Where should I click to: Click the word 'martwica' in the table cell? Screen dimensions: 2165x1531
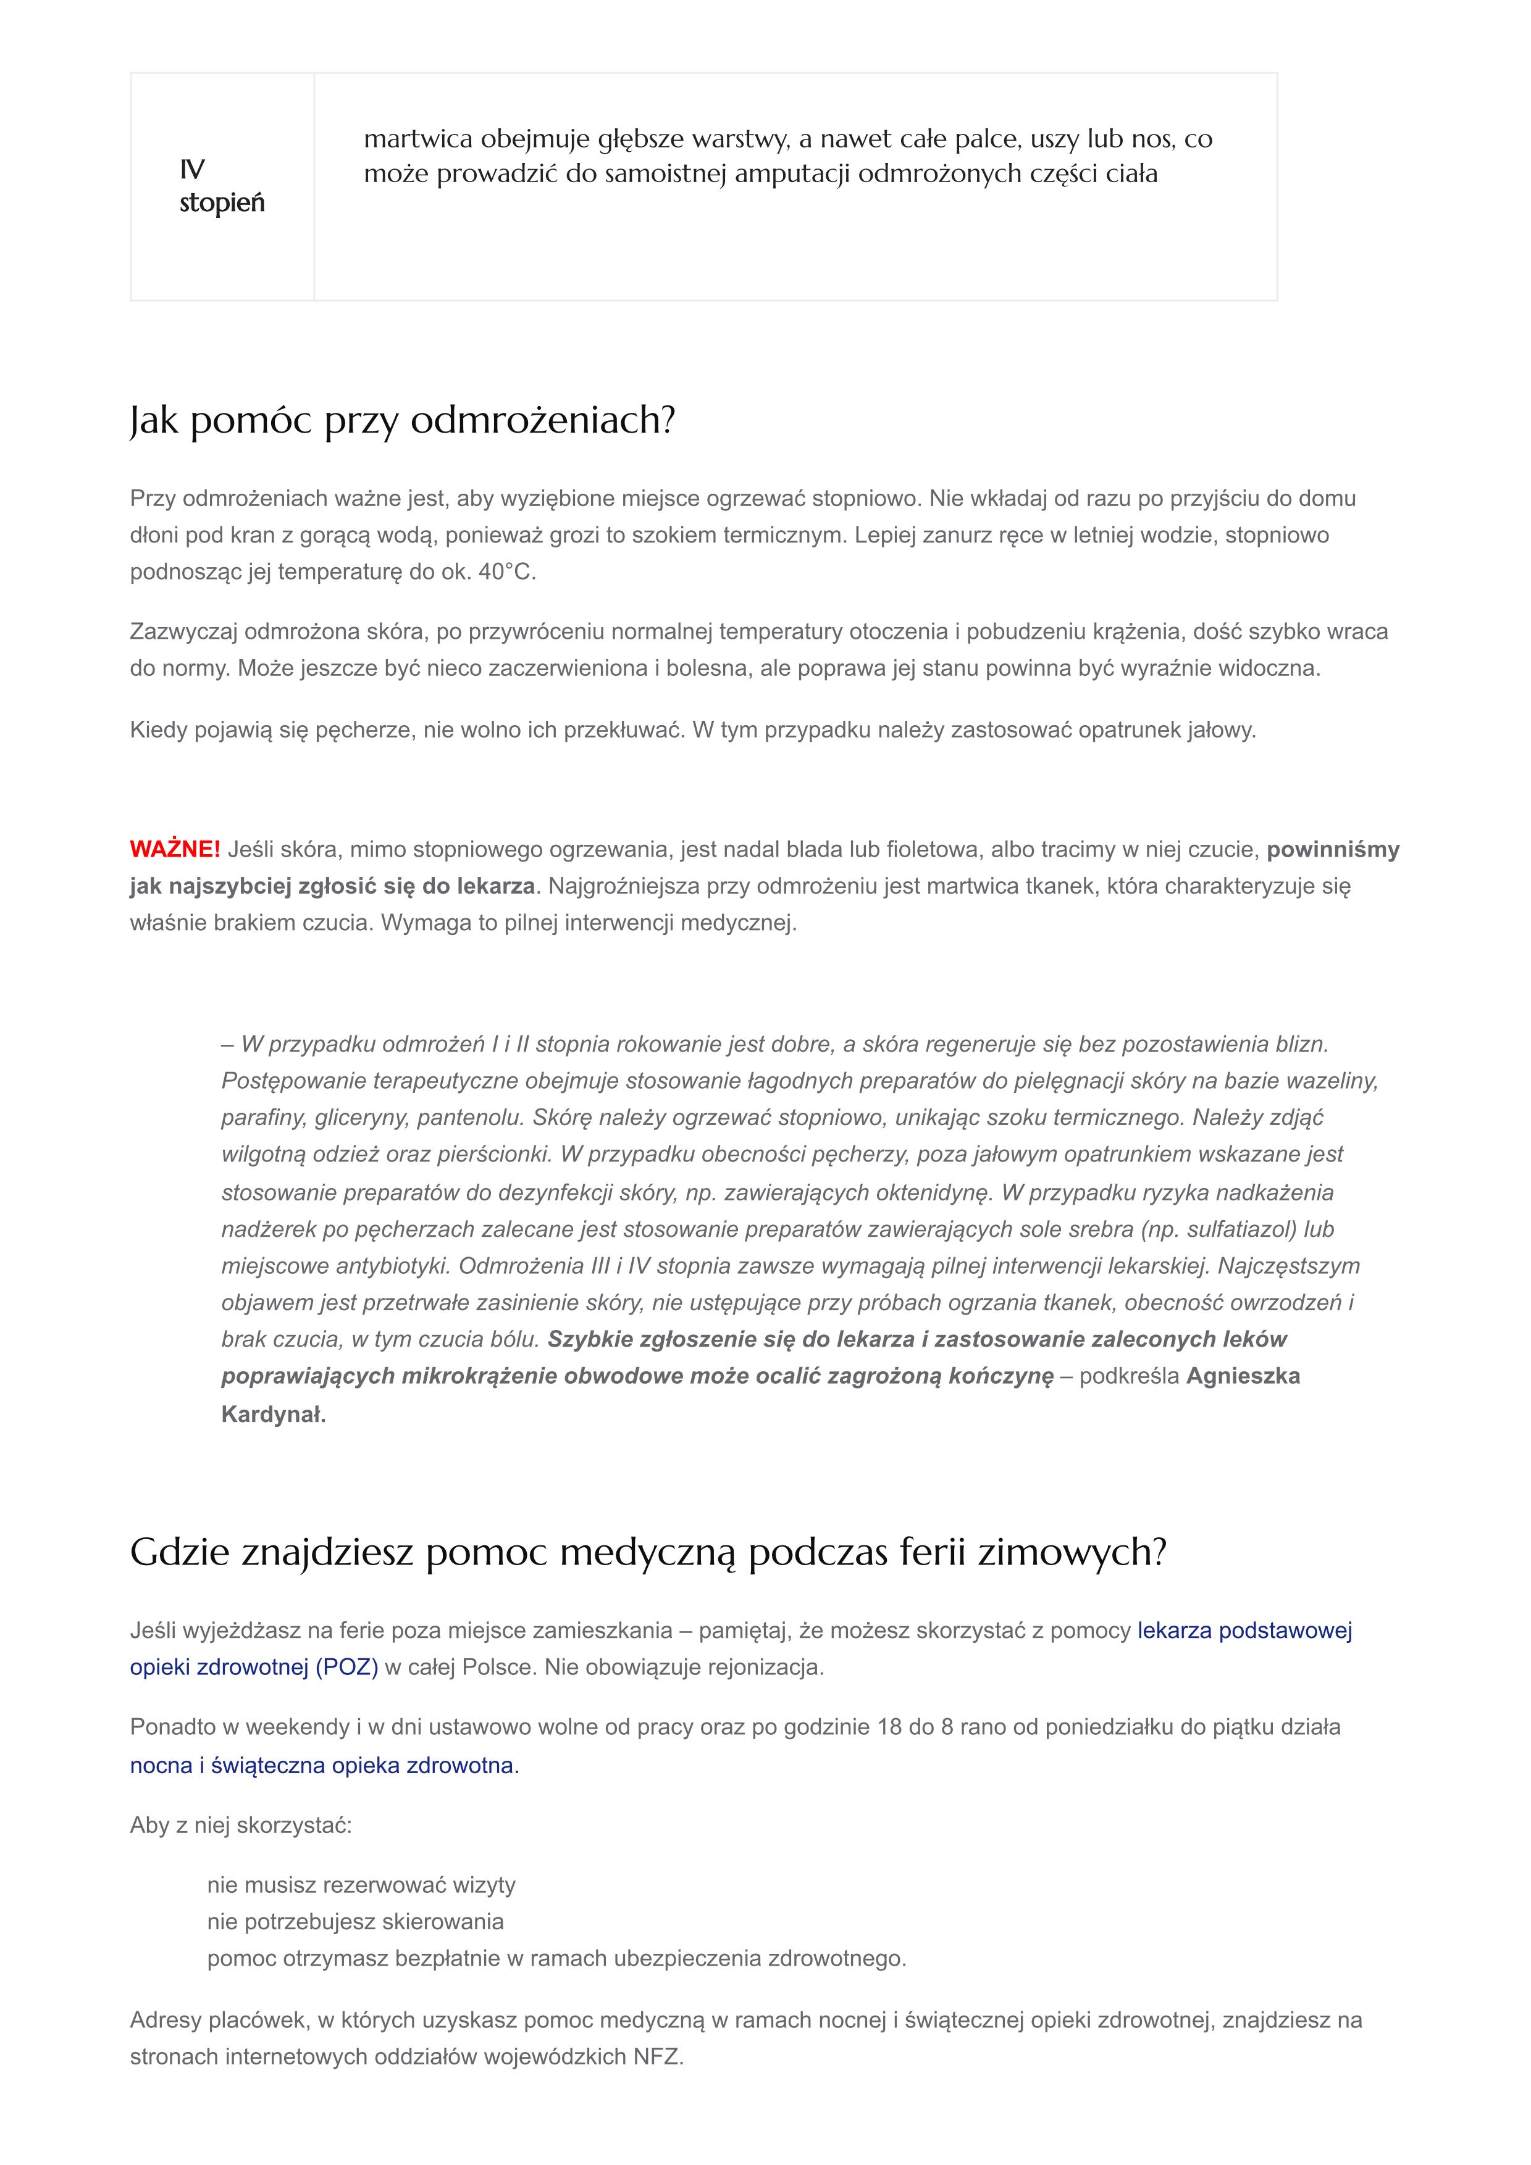point(418,139)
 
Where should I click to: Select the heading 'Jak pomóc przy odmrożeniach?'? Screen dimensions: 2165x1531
point(403,420)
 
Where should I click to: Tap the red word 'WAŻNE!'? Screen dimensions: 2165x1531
point(175,850)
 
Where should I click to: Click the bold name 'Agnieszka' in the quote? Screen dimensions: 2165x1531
point(1243,1377)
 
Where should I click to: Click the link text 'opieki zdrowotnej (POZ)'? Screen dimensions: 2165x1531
point(254,1667)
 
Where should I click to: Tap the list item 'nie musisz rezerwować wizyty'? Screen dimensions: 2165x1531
point(361,1885)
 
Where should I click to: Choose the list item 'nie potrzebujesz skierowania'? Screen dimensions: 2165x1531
point(356,1922)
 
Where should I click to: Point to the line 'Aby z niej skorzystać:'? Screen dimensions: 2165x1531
point(240,1826)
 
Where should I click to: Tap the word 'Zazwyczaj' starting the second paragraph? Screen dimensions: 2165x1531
point(184,632)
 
